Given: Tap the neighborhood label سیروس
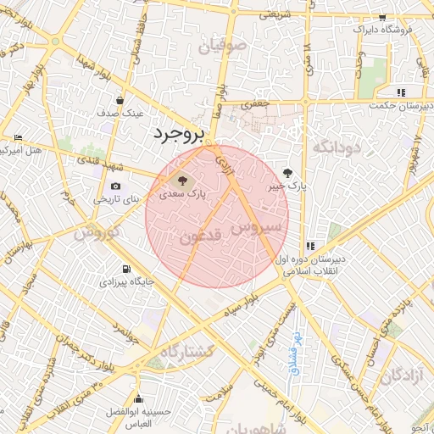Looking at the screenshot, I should pyautogui.click(x=254, y=227).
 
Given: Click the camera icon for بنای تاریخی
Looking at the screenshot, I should pyautogui.click(x=115, y=186).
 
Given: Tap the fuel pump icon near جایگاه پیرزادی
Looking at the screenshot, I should pyautogui.click(x=125, y=268).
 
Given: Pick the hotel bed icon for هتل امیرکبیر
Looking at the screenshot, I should pyautogui.click(x=19, y=137).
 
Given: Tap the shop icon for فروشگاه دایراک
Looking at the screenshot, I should pyautogui.click(x=382, y=17).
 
